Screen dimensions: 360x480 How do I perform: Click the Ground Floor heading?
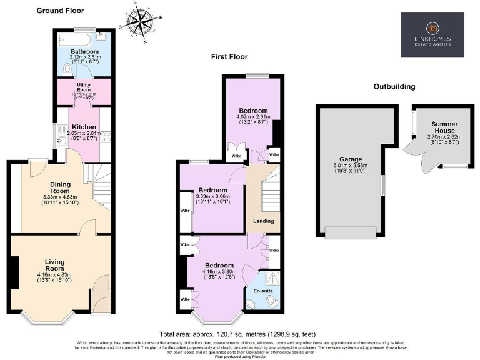tap(61, 11)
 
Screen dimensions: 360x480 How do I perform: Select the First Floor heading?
tap(229, 57)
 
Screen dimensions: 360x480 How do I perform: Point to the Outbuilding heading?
tap(394, 86)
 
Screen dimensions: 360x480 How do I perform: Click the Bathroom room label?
tap(83, 51)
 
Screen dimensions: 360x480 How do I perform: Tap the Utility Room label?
tap(84, 87)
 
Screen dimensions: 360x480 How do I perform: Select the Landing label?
tap(263, 221)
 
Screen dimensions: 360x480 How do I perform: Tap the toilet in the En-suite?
tap(271, 302)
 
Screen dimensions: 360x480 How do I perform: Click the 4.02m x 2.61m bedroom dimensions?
tap(253, 117)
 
